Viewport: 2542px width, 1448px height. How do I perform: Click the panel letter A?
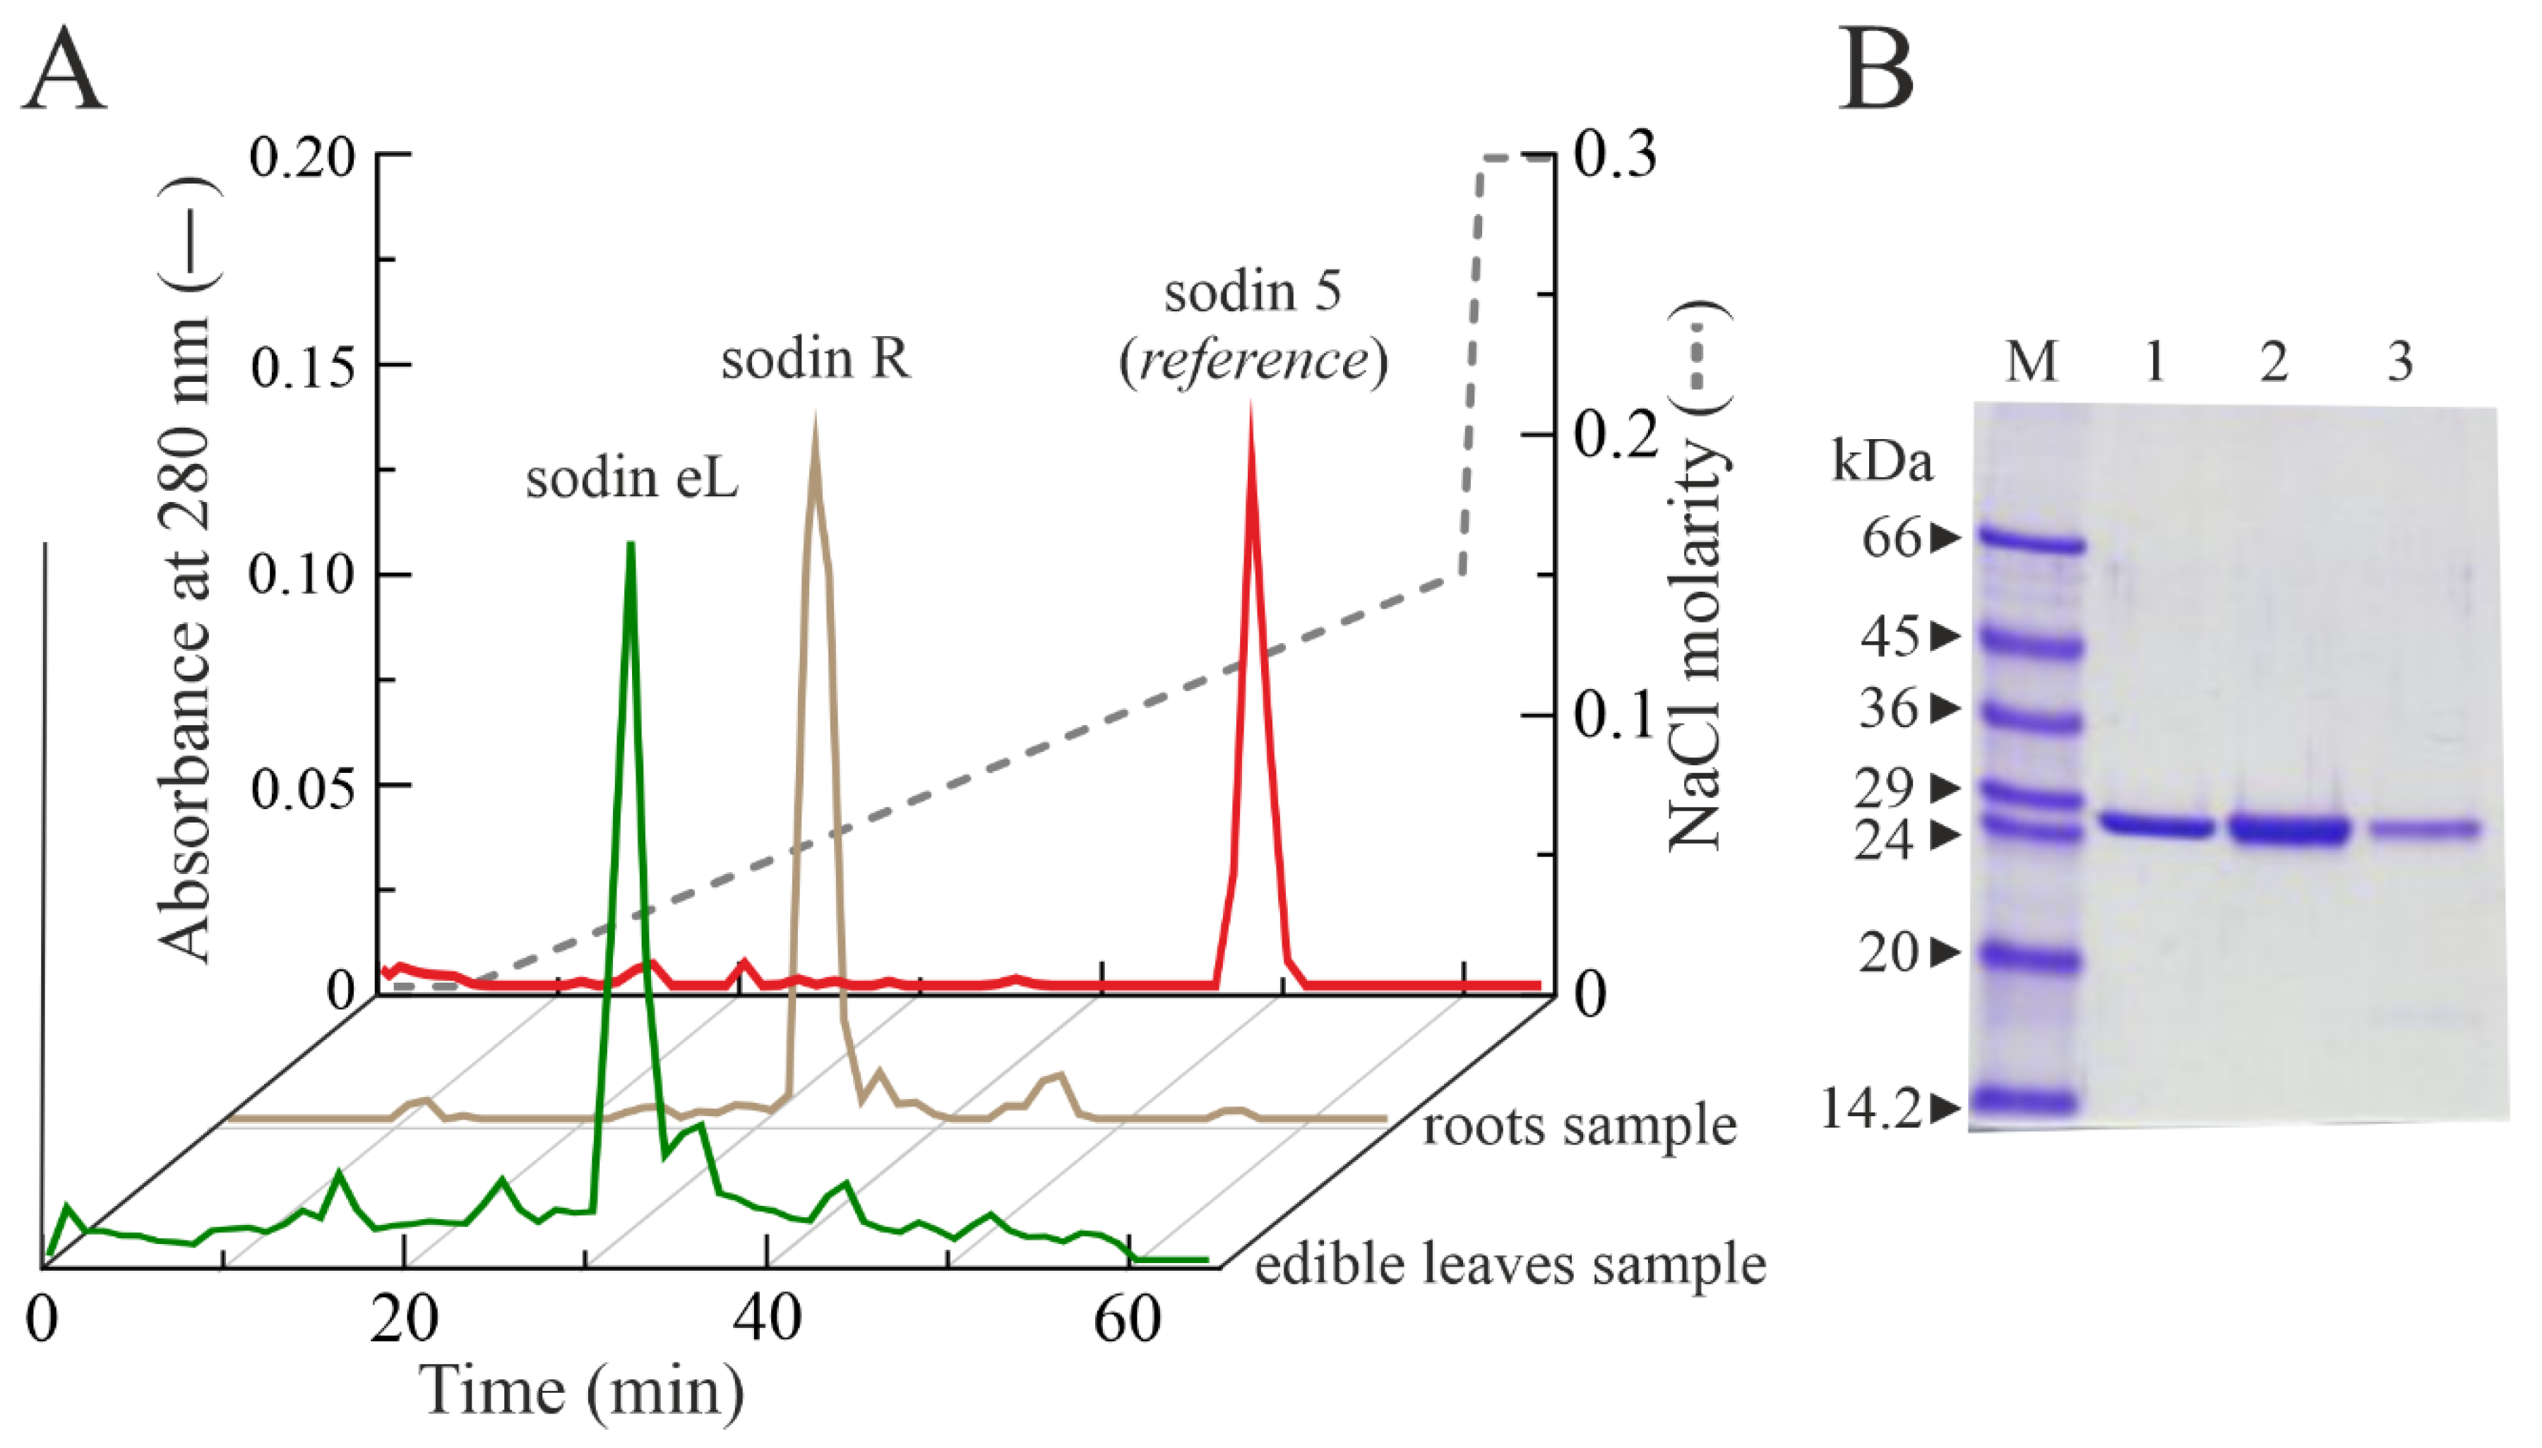pos(64,71)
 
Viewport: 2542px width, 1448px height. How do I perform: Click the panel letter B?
pos(1875,71)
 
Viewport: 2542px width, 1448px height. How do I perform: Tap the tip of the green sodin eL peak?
pos(630,545)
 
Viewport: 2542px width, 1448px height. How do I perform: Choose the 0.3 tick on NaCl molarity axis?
pos(1614,156)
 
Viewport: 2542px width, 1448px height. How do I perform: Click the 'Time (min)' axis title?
pos(582,1390)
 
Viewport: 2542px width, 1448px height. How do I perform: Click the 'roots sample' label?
pos(1580,1127)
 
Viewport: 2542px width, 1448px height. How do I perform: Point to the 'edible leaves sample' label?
pos(1510,1265)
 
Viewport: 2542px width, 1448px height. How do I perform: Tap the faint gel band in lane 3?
pos(2425,828)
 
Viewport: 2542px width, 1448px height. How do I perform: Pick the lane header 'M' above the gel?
pos(2030,361)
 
